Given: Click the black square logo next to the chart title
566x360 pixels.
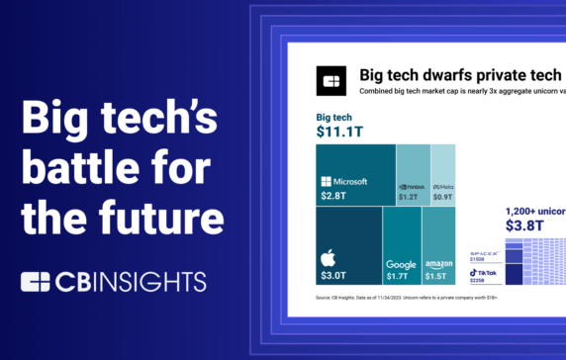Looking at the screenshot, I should pos(331,81).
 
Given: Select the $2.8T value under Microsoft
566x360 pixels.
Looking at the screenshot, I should pos(335,196).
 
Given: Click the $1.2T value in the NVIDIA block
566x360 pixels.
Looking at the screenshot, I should pos(410,196).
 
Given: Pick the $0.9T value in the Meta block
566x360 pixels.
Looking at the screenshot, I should pos(442,196).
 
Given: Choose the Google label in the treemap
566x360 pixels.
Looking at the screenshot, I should pos(401,264).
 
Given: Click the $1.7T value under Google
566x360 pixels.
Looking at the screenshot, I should pos(401,276).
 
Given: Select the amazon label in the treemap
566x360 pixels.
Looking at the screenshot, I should pos(438,264).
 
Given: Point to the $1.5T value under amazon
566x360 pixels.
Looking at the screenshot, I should pos(438,276).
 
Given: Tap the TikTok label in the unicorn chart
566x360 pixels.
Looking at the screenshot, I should pos(484,271).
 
